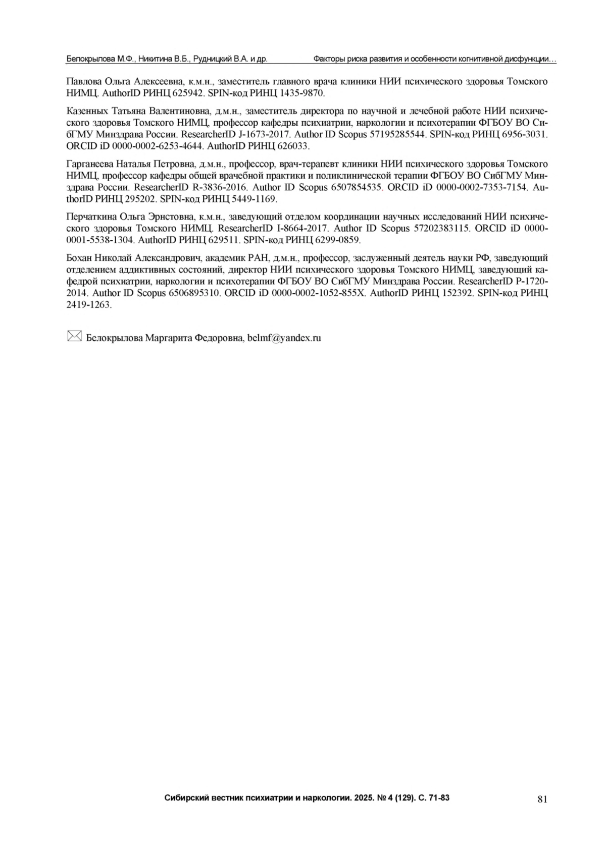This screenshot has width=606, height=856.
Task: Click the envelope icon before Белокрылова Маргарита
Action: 74,336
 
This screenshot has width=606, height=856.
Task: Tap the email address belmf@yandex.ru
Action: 284,338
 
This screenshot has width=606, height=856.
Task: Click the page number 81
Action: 542,798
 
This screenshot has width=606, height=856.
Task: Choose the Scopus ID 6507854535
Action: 356,187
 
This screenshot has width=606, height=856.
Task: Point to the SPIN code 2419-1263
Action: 88,305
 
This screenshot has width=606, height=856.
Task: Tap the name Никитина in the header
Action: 155,60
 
